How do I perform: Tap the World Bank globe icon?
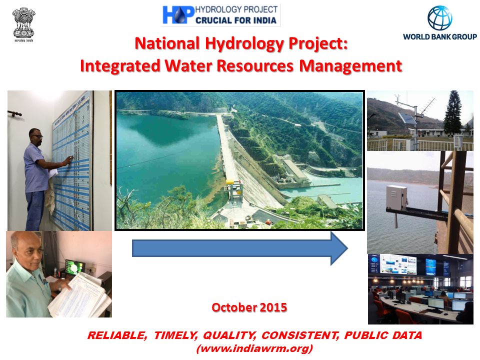click(x=439, y=18)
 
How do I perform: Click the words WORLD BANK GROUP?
click(x=439, y=37)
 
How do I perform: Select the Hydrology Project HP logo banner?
click(x=220, y=15)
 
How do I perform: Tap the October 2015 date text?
click(x=249, y=307)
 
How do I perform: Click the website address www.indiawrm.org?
click(x=254, y=348)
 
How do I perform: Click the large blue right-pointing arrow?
click(x=239, y=248)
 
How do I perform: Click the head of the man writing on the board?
click(x=35, y=134)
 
